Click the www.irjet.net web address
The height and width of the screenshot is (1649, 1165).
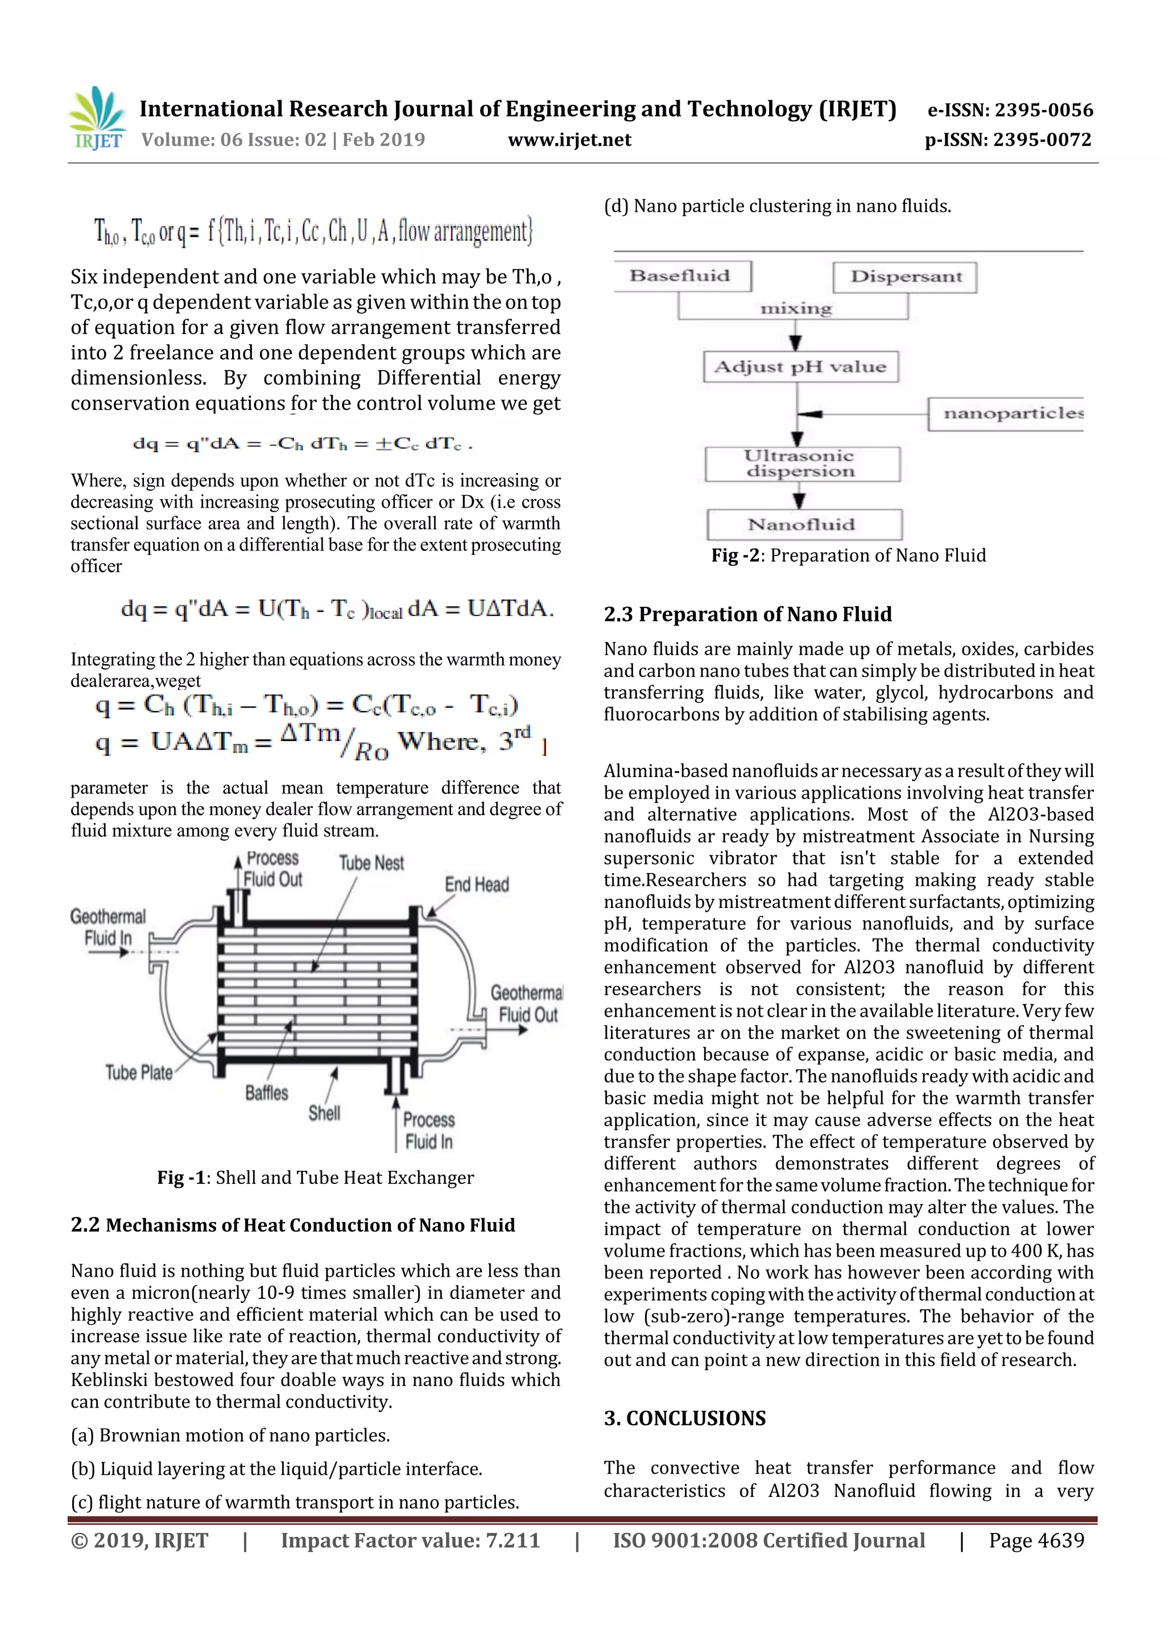[569, 140]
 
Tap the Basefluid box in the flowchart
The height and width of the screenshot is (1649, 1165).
[680, 276]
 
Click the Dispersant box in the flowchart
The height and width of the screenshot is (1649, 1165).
[905, 277]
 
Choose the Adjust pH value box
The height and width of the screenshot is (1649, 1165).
[800, 367]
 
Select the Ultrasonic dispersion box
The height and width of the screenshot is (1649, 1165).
[802, 464]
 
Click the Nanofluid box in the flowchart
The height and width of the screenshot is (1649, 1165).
[803, 524]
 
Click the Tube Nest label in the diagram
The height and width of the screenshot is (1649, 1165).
[371, 862]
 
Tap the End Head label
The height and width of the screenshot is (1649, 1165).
[477, 884]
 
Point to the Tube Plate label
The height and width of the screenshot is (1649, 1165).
[139, 1072]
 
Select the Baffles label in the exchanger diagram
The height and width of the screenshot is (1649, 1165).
[266, 1092]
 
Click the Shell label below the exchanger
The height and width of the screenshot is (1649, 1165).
[324, 1112]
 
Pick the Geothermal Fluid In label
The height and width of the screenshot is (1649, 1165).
[108, 927]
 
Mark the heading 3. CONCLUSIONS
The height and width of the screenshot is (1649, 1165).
[685, 1418]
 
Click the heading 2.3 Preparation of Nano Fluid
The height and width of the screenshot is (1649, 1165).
[747, 614]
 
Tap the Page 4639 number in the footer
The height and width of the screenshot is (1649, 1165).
[1036, 1540]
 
